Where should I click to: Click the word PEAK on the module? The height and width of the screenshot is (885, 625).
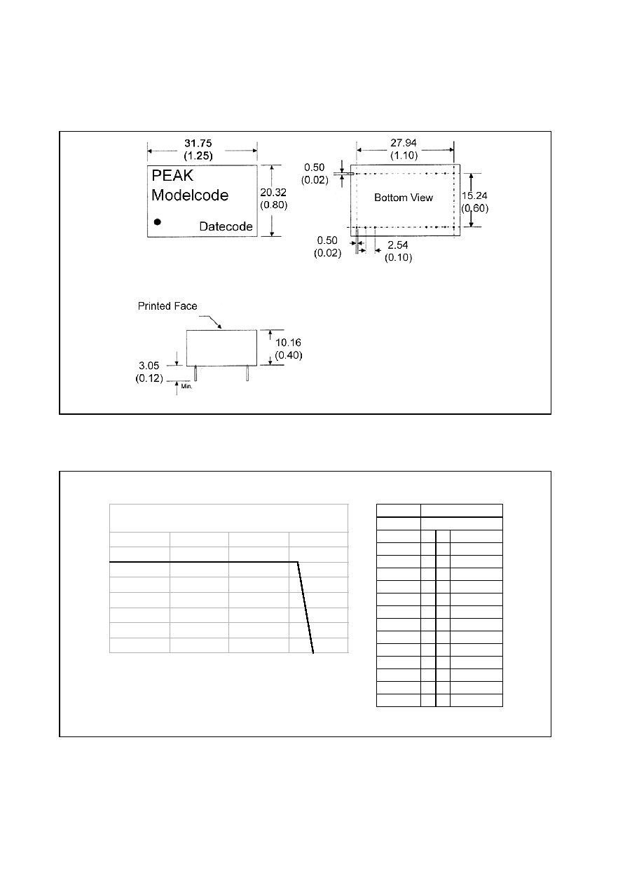pyautogui.click(x=172, y=176)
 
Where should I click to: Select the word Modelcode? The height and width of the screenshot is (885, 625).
pyautogui.click(x=190, y=195)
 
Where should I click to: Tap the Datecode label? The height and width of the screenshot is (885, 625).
pyautogui.click(x=226, y=226)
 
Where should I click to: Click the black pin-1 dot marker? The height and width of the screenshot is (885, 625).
pyautogui.click(x=157, y=222)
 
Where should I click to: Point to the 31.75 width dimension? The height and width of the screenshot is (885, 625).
pyautogui.click(x=198, y=143)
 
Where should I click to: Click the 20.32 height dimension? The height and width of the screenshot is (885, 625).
pyautogui.click(x=273, y=193)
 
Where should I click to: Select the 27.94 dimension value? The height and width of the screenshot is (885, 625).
pyautogui.click(x=404, y=143)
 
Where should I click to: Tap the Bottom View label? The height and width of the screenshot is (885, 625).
pyautogui.click(x=404, y=198)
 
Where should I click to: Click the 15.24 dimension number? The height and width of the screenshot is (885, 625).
pyautogui.click(x=474, y=195)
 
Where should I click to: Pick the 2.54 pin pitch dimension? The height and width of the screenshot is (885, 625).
pyautogui.click(x=397, y=245)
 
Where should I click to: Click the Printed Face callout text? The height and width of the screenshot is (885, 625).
pyautogui.click(x=167, y=306)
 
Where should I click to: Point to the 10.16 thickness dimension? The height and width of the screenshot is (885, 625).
pyautogui.click(x=288, y=343)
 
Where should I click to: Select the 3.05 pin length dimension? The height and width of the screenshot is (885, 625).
pyautogui.click(x=149, y=366)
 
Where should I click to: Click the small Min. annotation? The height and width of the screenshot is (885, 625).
pyautogui.click(x=186, y=386)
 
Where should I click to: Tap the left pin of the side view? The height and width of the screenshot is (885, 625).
pyautogui.click(x=195, y=373)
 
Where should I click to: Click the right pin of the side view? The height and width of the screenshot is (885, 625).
pyautogui.click(x=247, y=373)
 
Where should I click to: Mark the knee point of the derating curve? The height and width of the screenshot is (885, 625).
pyautogui.click(x=298, y=562)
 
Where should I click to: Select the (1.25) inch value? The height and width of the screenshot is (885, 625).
pyautogui.click(x=198, y=156)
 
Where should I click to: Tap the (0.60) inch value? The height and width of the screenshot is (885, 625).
pyautogui.click(x=475, y=208)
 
